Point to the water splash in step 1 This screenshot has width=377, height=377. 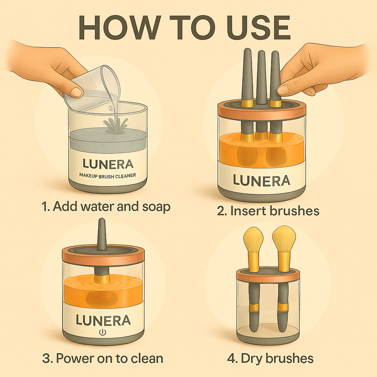pos(115,125)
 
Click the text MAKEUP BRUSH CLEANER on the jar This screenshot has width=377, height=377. pos(107,176)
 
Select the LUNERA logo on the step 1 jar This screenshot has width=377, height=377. pos(108,164)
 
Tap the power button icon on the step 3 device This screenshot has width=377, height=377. pos(103,333)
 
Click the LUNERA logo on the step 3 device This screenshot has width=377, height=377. pos(103,320)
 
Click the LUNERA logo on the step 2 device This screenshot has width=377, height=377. pos(262,180)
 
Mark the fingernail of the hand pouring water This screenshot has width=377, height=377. pos(77,91)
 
